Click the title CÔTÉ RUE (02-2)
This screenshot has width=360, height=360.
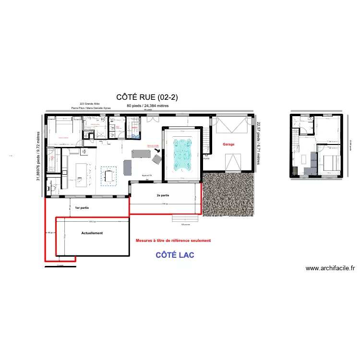click(147, 97)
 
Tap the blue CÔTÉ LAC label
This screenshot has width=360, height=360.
click(175, 255)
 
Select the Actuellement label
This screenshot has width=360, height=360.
click(92, 233)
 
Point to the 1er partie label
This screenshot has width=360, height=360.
click(82, 208)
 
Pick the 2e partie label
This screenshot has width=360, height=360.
click(163, 195)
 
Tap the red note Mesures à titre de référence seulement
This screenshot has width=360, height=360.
click(173, 240)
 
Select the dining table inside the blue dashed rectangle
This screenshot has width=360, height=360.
click(108, 177)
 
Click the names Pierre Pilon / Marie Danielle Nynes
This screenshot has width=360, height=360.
click(91, 108)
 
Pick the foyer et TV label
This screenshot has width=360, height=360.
click(147, 176)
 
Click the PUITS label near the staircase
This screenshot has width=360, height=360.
click(206, 157)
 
